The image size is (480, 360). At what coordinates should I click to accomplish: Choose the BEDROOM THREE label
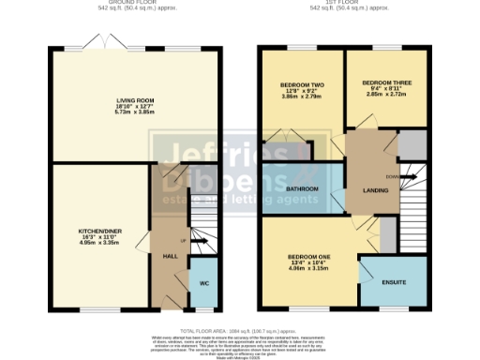386,82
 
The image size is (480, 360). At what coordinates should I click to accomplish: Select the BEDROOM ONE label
307,255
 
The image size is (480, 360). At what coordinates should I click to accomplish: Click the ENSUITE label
394,280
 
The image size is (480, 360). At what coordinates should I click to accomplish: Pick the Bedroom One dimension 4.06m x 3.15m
307,267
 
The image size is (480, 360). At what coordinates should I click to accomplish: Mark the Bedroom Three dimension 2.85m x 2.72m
386,95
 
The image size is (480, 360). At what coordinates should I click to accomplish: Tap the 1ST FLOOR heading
349,3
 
